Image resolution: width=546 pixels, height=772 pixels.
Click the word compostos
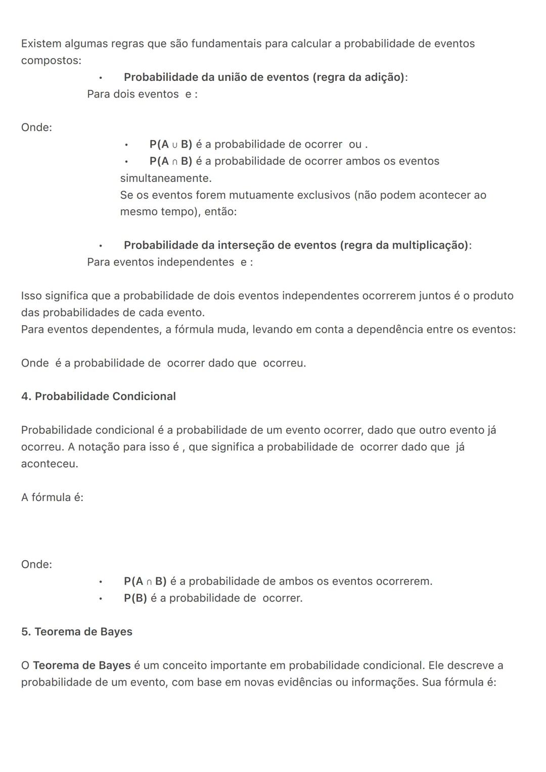point(50,61)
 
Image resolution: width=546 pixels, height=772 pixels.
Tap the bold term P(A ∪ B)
point(171,145)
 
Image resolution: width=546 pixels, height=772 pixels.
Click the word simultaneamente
point(165,178)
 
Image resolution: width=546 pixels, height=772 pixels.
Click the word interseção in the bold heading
point(245,245)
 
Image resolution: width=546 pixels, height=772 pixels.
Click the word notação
point(99,447)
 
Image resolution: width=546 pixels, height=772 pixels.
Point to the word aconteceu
point(49,464)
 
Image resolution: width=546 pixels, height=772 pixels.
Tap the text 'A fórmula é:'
point(52,497)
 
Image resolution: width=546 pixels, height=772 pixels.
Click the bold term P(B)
point(135,598)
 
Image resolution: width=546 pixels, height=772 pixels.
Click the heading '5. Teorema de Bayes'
point(77,632)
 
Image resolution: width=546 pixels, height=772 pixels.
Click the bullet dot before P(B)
point(101,599)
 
